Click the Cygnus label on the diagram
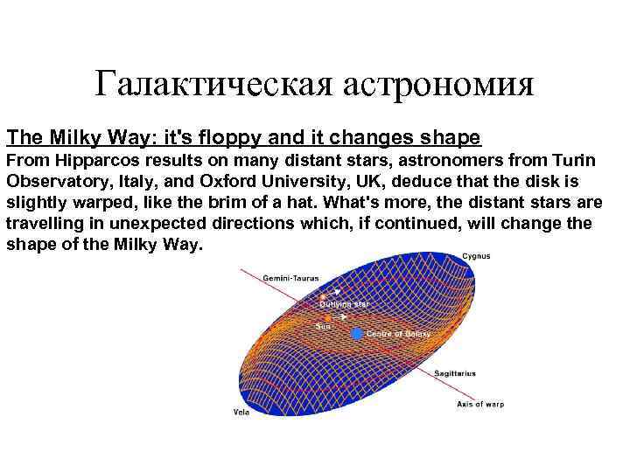pyautogui.click(x=477, y=256)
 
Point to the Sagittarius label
pyautogui.click(x=456, y=372)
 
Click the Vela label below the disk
pyautogui.click(x=241, y=411)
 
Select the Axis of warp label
pyautogui.click(x=480, y=404)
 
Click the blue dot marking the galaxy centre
pyautogui.click(x=356, y=334)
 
